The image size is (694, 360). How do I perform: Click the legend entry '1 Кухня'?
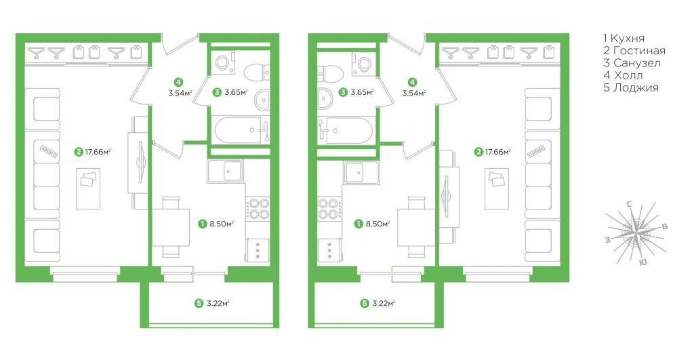pyautogui.click(x=624, y=38)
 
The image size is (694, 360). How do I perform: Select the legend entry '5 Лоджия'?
pyautogui.click(x=631, y=87)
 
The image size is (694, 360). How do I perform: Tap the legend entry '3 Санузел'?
pyautogui.click(x=632, y=63)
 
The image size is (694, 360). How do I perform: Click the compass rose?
pyautogui.click(x=636, y=233)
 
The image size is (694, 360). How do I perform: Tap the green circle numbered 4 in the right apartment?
pyautogui.click(x=412, y=82)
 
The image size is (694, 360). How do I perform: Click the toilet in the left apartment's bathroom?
pyautogui.click(x=257, y=72)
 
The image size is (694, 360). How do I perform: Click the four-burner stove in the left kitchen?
pyautogui.click(x=258, y=209)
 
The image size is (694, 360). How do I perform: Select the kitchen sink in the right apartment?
pyautogui.click(x=362, y=172)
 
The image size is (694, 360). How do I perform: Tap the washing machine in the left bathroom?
pyautogui.click(x=224, y=62)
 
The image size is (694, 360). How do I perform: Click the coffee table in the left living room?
pyautogui.click(x=88, y=188)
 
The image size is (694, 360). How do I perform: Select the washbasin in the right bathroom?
pyautogui.click(x=325, y=98)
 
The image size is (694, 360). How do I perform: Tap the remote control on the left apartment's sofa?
pyautogui.click(x=49, y=151)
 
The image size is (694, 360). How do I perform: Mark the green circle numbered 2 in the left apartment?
pyautogui.click(x=79, y=152)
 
